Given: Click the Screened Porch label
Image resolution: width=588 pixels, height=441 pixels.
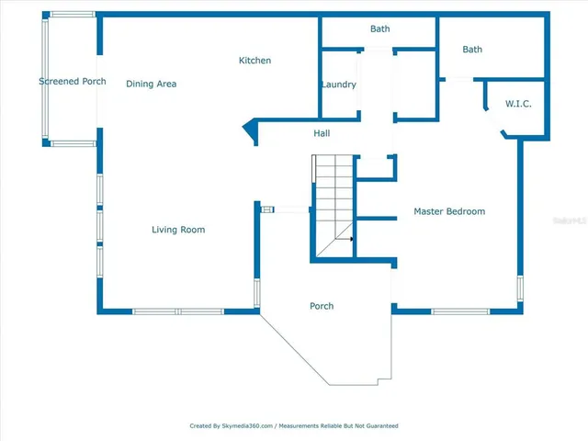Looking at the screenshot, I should click(x=72, y=82).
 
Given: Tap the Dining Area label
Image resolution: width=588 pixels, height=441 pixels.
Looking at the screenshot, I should click(x=151, y=85).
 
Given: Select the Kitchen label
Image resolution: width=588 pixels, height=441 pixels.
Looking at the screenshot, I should click(x=254, y=61).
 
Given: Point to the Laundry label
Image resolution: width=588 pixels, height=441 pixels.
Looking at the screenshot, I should click(x=338, y=85).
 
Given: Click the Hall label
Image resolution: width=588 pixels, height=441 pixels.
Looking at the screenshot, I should click(x=322, y=134).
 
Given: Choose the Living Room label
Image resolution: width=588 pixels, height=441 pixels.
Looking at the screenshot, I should click(x=178, y=230).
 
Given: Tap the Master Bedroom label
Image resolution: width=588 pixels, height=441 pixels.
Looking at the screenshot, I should click(x=448, y=212).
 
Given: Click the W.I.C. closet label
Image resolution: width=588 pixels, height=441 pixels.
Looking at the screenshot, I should click(x=518, y=105).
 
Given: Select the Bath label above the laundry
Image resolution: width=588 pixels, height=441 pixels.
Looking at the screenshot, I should click(x=379, y=29).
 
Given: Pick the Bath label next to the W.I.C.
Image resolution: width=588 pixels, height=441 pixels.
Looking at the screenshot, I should click(x=472, y=50).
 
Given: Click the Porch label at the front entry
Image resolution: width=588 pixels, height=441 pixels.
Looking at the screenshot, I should click(x=322, y=306).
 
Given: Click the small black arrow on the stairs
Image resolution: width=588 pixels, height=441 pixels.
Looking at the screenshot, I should click(x=349, y=239).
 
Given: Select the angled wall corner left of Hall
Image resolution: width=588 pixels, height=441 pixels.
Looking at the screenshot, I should click(x=248, y=130).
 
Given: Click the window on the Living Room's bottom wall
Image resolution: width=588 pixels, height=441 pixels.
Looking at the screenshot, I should click(x=178, y=311).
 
